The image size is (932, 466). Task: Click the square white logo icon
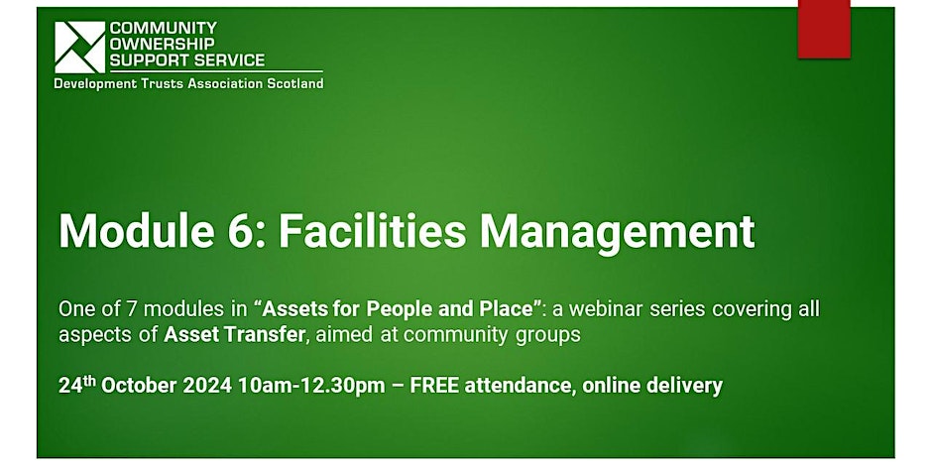tap(79, 47)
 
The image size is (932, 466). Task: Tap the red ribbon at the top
tap(824, 29)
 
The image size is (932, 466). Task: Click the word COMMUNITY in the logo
tap(164, 28)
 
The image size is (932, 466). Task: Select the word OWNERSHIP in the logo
tap(163, 44)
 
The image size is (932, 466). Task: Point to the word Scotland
tap(294, 84)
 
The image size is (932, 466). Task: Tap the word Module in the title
tap(137, 231)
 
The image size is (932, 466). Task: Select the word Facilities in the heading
tap(373, 231)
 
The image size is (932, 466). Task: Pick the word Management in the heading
tap(618, 232)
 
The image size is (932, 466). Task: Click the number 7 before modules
tap(132, 309)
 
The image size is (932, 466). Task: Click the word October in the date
tap(139, 386)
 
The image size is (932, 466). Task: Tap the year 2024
tap(207, 386)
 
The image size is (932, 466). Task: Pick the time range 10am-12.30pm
tap(311, 387)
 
